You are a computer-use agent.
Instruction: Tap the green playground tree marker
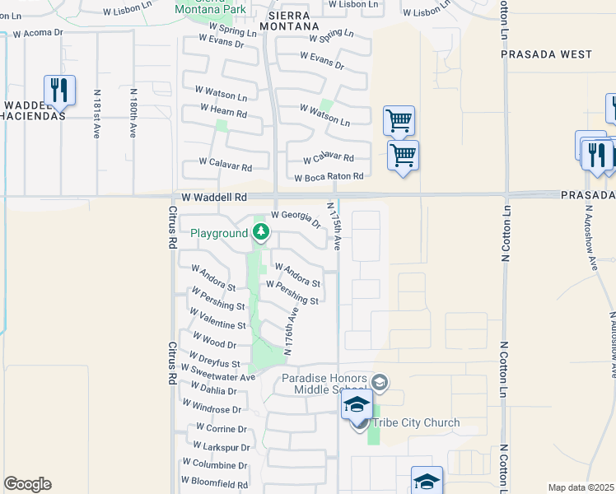tap(261, 233)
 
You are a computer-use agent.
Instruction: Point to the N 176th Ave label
tap(290, 331)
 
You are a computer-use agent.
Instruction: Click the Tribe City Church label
tap(417, 423)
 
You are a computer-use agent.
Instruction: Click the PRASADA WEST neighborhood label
tap(547, 54)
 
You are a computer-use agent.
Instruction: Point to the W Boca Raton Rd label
tap(329, 177)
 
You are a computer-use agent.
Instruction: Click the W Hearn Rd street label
tap(223, 111)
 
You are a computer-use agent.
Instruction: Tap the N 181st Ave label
tap(97, 114)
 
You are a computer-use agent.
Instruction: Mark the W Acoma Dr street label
tap(38, 33)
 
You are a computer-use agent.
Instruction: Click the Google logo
tap(27, 484)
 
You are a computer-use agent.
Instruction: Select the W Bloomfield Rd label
tap(215, 484)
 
